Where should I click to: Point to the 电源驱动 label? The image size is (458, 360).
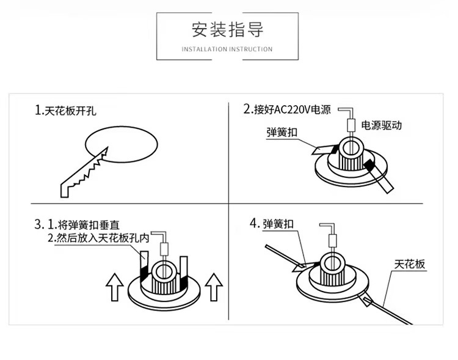tap(382, 125)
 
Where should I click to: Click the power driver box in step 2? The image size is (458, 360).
tap(351, 125)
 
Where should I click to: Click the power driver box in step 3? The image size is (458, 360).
tap(164, 248)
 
